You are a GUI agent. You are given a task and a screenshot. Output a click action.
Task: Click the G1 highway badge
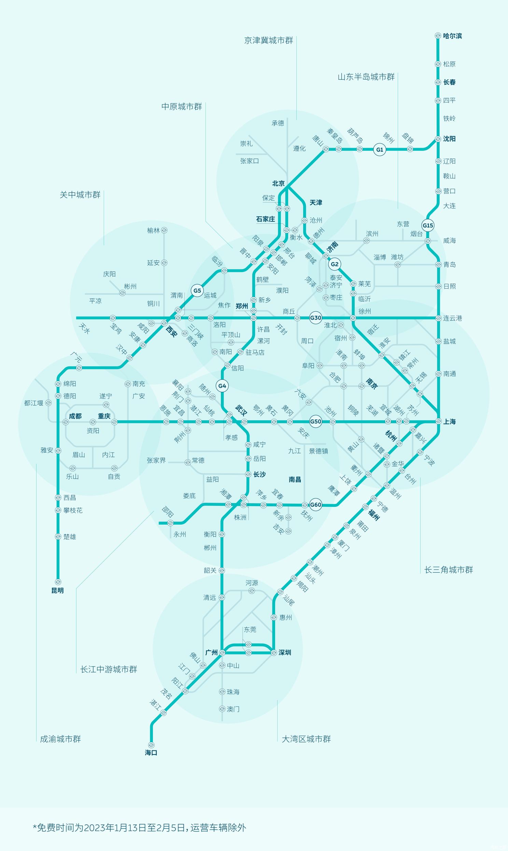point(380,149)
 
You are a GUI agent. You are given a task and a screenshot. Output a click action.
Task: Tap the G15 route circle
point(428,225)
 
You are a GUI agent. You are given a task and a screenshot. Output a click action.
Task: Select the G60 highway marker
point(315,505)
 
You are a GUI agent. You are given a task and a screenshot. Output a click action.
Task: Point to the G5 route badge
point(197,291)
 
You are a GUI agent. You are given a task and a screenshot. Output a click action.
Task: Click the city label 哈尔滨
point(452,36)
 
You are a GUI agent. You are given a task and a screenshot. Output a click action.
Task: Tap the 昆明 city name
point(57,590)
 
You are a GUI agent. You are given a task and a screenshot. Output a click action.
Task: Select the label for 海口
point(151,752)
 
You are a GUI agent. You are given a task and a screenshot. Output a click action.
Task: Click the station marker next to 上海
point(438,421)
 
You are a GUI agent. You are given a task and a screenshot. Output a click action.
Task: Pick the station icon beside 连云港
point(438,318)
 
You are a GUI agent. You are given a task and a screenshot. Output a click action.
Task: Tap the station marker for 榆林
point(164,230)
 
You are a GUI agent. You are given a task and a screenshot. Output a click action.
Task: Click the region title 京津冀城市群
point(269,40)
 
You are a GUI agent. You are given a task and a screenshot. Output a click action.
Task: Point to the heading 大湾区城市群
point(306,739)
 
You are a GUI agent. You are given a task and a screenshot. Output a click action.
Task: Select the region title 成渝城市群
point(60,739)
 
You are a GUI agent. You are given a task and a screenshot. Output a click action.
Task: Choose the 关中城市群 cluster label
point(80,195)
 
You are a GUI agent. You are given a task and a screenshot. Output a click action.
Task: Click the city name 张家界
point(156,460)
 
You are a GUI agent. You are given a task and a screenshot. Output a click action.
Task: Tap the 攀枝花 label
point(73,510)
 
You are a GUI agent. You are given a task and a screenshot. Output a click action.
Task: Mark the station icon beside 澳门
point(222,709)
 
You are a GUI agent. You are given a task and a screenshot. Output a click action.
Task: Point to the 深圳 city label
point(285,652)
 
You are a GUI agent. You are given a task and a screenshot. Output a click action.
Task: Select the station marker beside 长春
point(438,83)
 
